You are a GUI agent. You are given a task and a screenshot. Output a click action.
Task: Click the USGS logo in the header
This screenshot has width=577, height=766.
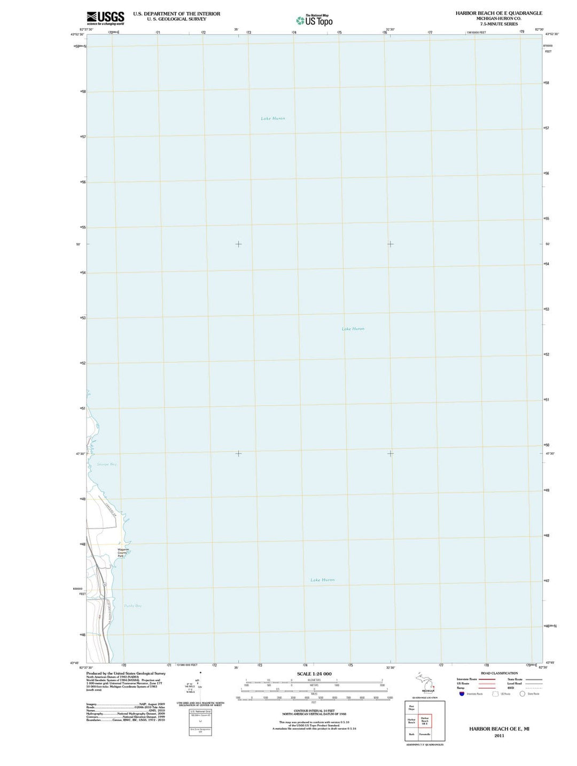pyautogui.click(x=105, y=18)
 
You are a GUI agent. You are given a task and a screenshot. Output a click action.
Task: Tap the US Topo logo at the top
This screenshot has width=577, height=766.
pyautogui.click(x=315, y=20)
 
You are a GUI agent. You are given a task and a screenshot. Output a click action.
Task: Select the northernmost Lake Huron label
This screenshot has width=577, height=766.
pyautogui.click(x=273, y=119)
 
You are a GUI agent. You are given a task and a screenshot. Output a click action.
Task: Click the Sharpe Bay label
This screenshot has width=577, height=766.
pyautogui.click(x=106, y=464)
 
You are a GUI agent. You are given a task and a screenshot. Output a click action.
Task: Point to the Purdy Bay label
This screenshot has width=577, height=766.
pyautogui.click(x=132, y=606)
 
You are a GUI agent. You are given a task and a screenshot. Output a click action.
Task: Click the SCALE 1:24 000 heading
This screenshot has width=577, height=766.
pyautogui.click(x=314, y=674)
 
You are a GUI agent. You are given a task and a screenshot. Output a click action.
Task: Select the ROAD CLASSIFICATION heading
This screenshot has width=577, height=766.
pyautogui.click(x=499, y=673)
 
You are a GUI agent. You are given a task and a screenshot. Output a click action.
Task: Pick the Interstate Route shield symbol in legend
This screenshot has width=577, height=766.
pyautogui.click(x=462, y=693)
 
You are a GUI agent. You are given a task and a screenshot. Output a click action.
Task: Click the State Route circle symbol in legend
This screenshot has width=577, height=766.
pyautogui.click(x=523, y=693)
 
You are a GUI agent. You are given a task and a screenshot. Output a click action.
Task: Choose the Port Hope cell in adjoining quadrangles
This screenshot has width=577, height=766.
pyautogui.click(x=411, y=708)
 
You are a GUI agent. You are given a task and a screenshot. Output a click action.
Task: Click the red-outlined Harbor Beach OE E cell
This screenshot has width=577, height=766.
pyautogui.click(x=425, y=721)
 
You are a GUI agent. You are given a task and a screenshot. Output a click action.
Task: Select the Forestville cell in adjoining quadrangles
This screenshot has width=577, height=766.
pyautogui.click(x=425, y=735)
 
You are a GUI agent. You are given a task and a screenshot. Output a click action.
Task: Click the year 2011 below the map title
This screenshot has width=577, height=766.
pyautogui.click(x=499, y=736)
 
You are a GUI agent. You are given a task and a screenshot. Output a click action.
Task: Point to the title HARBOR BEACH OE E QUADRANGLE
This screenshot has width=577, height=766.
pyautogui.click(x=498, y=13)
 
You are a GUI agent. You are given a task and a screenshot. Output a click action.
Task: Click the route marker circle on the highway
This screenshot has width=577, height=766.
pyautogui.click(x=105, y=585)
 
